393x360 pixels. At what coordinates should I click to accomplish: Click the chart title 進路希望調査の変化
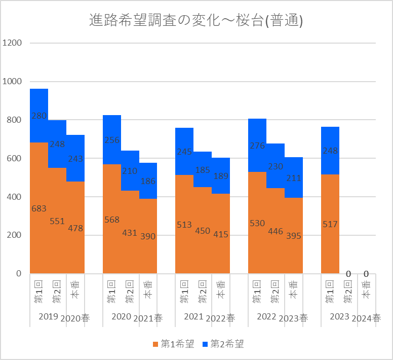click(195, 21)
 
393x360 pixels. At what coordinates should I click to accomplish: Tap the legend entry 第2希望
click(223, 344)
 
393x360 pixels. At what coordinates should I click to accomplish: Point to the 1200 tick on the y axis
click(12, 43)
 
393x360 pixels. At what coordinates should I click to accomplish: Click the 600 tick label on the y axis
click(14, 158)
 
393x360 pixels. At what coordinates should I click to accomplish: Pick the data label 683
click(39, 208)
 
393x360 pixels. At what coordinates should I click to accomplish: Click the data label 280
click(39, 116)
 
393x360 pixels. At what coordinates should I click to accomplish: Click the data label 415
click(221, 235)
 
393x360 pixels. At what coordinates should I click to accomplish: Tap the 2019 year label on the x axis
click(49, 316)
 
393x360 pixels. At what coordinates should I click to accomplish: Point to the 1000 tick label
click(12, 82)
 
